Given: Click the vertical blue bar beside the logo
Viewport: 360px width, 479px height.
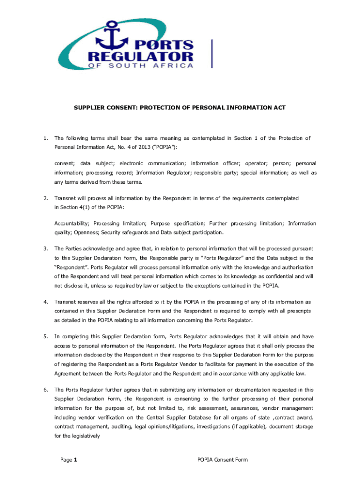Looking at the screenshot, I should [213, 53].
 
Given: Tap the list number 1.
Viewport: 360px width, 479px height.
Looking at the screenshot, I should [45, 138].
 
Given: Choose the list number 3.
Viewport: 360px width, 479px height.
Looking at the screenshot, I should [45, 248].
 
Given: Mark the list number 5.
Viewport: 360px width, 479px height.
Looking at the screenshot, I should [45, 336].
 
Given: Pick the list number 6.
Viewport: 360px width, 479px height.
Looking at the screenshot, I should [45, 390].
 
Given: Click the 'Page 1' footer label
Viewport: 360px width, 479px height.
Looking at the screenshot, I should [69, 460].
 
